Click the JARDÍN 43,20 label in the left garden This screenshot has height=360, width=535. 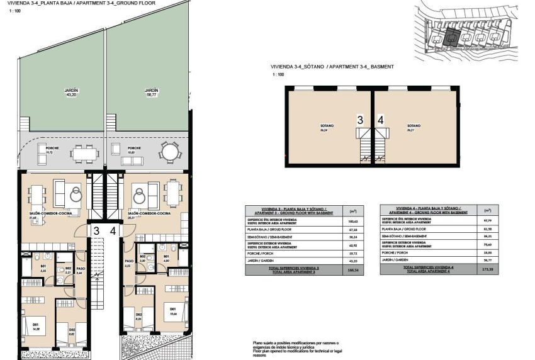70,93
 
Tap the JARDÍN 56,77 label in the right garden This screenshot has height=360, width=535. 151,93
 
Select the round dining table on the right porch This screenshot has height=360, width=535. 169,152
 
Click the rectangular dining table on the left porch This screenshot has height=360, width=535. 82,152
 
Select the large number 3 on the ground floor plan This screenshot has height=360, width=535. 96,231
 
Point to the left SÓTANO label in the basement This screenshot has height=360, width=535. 327,128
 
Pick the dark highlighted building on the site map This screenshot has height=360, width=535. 451,37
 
